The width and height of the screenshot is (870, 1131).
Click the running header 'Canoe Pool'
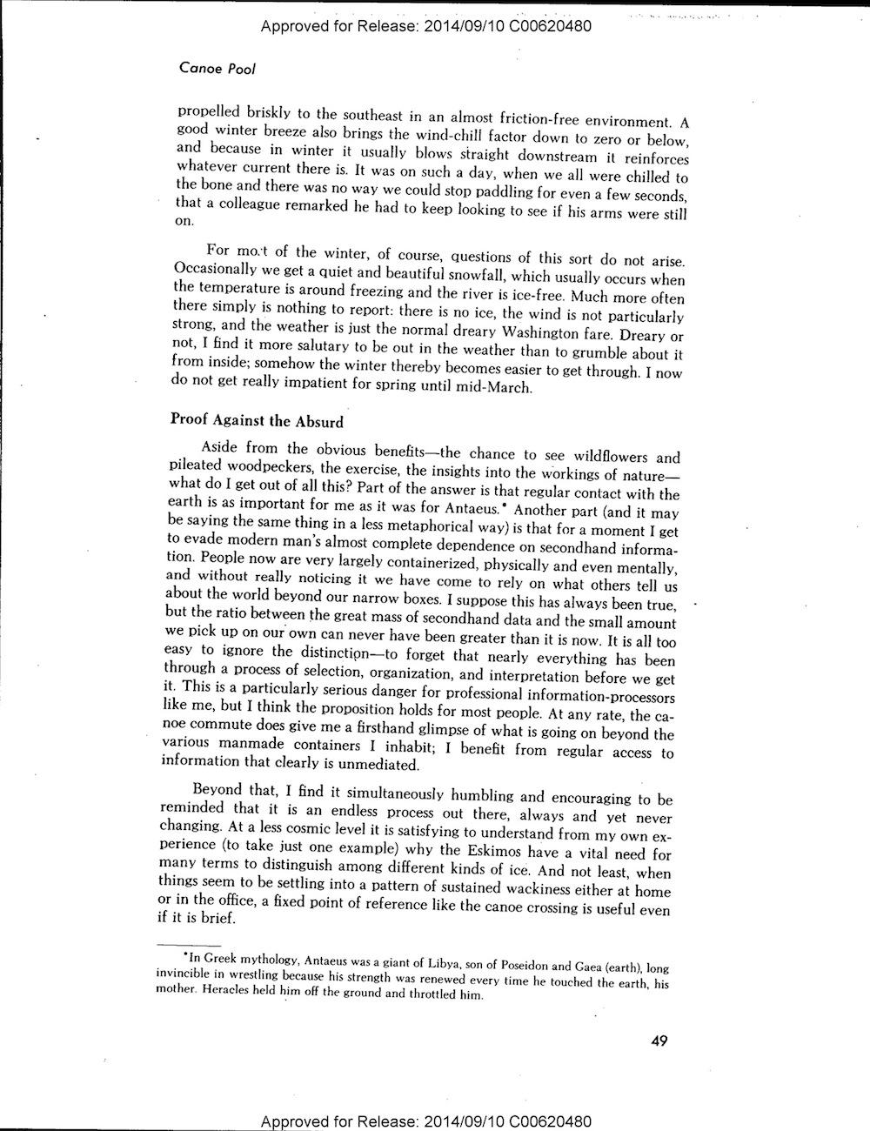(216, 68)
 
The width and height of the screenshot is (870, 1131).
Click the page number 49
(659, 1041)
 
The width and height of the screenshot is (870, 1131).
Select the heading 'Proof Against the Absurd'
(256, 422)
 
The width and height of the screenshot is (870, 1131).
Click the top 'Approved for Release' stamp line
(426, 26)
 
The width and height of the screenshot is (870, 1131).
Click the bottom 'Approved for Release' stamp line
(426, 1119)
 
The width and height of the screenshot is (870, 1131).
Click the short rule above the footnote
(178, 946)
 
